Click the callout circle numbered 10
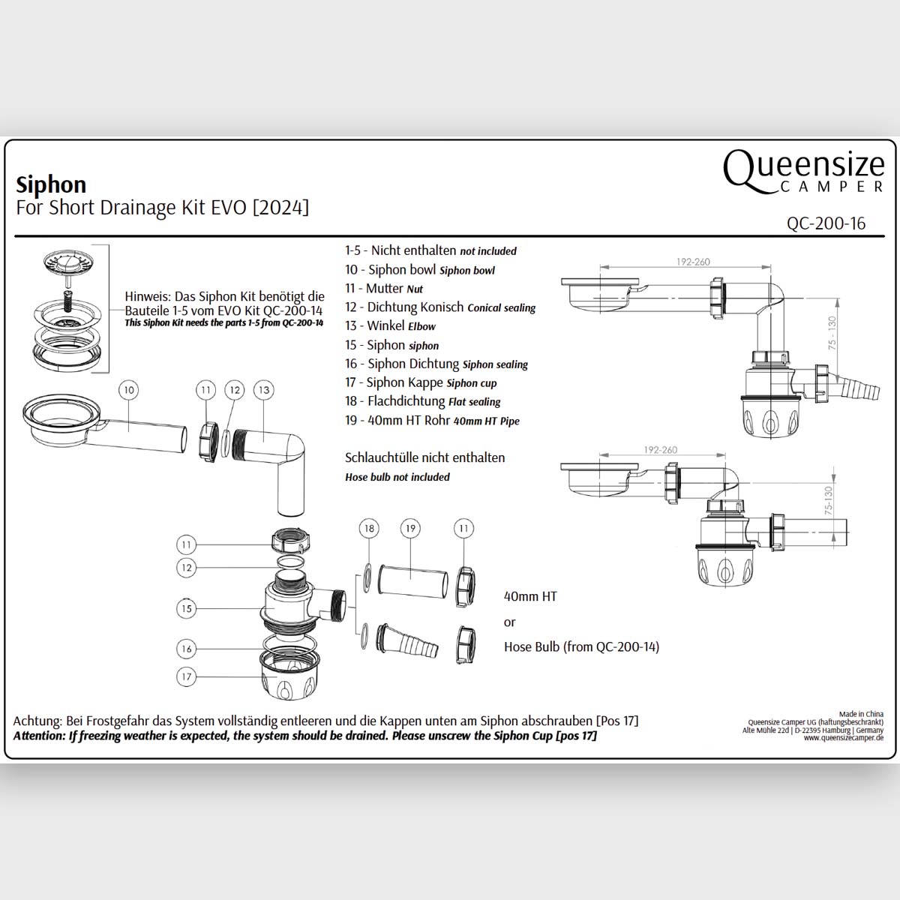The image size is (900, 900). tap(130, 390)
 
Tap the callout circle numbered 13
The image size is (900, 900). tap(263, 390)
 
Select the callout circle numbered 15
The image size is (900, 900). tap(187, 608)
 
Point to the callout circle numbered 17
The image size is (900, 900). tap(187, 676)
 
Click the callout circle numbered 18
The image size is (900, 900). tap(368, 529)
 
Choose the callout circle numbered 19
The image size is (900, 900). tap(410, 529)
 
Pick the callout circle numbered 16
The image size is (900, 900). tap(187, 649)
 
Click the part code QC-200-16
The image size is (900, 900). tap(826, 223)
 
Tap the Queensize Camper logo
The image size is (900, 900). tap(803, 171)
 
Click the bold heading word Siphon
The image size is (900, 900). tap(51, 184)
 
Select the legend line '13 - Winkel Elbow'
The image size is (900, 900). tap(390, 326)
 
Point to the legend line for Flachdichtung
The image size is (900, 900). tap(422, 401)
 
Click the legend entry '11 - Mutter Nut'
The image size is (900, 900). tap(384, 289)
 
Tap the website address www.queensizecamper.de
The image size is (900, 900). tap(843, 738)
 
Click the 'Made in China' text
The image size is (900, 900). tap(861, 714)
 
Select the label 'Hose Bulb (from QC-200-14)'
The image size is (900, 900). tap(581, 646)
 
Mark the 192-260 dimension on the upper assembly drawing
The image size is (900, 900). tap(692, 262)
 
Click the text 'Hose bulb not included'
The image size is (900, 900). tap(397, 477)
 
